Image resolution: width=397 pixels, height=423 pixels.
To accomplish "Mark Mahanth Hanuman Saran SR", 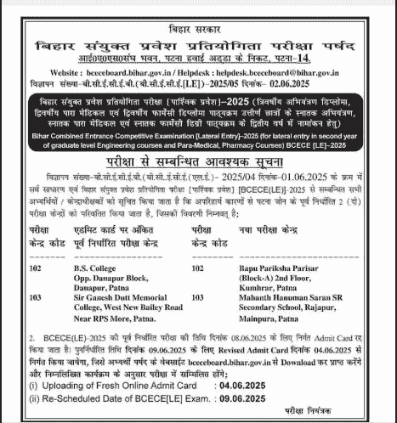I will [280, 299].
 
